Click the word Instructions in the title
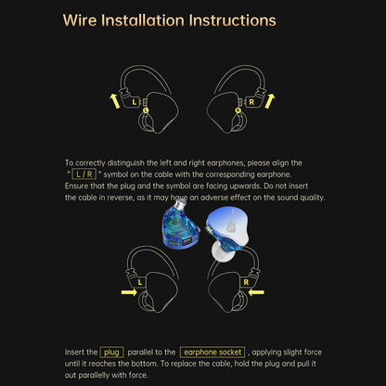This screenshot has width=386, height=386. [232, 20]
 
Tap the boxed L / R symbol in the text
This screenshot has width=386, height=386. [84, 174]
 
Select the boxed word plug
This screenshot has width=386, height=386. [111, 353]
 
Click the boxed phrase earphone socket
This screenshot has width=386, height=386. [212, 353]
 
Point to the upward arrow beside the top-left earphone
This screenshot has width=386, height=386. [114, 101]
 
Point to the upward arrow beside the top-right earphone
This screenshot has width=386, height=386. [270, 101]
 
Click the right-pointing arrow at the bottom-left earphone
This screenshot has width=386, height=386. [129, 292]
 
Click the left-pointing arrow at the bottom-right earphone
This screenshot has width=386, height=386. [256, 292]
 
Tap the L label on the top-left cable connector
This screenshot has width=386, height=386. [134, 102]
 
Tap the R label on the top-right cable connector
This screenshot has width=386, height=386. [251, 102]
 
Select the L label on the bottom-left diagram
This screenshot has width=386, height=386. [140, 282]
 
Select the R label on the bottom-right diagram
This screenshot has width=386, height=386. [246, 282]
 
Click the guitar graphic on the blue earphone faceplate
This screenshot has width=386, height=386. [230, 220]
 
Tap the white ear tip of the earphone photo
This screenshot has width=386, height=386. [224, 251]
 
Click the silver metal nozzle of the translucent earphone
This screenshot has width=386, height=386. [180, 203]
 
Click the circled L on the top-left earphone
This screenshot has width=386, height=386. [146, 110]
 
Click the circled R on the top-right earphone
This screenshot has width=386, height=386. [238, 110]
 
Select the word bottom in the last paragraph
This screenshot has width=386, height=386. [144, 364]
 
